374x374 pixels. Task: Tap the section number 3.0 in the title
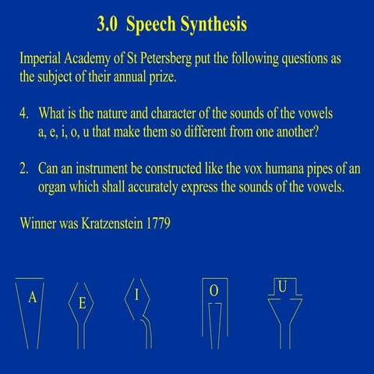pos(108,25)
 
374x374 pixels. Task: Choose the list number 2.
pos(24,170)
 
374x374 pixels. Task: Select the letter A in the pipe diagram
pos(32,297)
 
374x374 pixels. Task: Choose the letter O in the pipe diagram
pos(213,290)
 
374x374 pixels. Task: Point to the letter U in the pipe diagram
pos(282,288)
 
